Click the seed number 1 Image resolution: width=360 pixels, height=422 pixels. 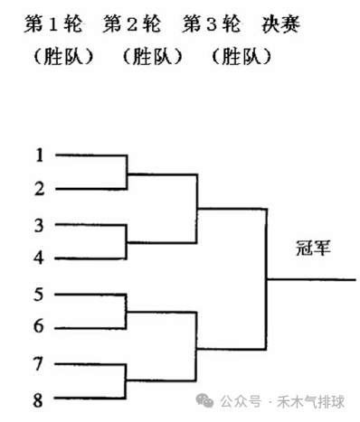coord(39,155)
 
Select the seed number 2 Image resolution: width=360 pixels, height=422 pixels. coord(39,189)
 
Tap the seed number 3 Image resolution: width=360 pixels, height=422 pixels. coord(39,224)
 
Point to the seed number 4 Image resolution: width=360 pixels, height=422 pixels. coord(39,258)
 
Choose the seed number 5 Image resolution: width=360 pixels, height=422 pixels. coord(39,294)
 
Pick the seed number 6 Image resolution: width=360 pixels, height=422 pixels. coord(39,327)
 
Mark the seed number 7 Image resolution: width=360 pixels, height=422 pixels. coord(39,363)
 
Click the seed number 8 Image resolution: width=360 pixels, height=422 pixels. coord(39,397)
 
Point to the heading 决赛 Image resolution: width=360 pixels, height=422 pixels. coord(279,23)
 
